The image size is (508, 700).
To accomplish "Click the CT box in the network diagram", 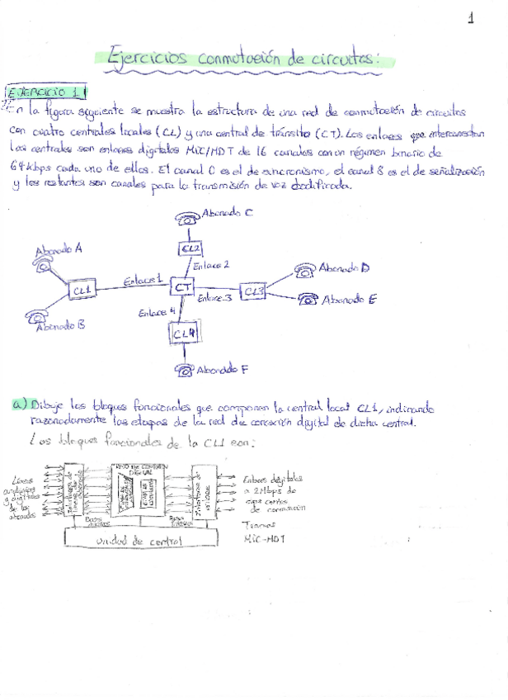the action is pos(183,286).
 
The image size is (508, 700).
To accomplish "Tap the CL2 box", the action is pos(191,248).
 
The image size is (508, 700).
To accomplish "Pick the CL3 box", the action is pos(253,291).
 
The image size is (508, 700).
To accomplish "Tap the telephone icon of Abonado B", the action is pos(35,316).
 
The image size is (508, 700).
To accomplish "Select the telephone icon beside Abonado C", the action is pos(187,218).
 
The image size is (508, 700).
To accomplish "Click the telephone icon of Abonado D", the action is pos(306,269).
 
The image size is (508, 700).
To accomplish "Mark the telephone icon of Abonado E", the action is pos(309,299).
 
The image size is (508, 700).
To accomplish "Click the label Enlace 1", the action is pos(142,281).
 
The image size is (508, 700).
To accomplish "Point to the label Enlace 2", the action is pos(210,265).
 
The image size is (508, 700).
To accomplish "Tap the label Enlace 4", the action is pos(156,312).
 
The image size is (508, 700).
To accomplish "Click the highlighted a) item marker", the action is pos(21,404).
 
